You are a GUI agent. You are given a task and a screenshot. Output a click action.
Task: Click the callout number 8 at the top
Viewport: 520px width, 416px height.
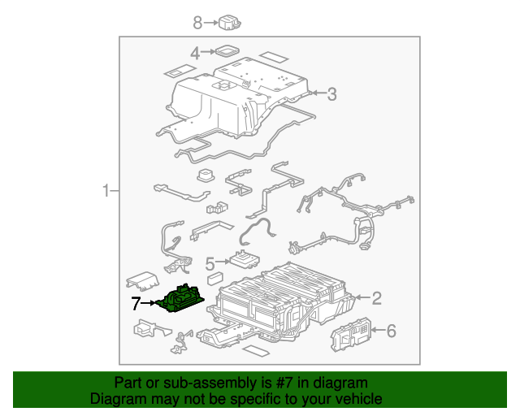pos(197,22)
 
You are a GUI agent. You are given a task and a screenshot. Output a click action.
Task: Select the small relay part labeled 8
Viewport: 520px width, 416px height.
pos(232,23)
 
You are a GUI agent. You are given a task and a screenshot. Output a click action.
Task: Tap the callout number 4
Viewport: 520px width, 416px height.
pos(195,54)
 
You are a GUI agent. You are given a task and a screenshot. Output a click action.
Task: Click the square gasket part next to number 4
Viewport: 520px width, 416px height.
pos(227,52)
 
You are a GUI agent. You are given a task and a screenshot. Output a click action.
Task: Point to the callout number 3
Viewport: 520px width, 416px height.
pos(331,94)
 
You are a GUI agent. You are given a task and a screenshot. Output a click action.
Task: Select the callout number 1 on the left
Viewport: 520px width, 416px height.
pos(106,192)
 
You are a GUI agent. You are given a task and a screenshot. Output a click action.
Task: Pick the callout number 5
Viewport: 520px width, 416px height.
pos(209,263)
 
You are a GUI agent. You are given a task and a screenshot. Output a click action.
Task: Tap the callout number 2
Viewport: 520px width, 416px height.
pos(376,297)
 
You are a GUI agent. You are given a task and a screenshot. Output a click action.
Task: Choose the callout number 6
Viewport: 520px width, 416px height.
pos(390,331)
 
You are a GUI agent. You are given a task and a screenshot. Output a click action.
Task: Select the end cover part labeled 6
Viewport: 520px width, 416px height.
pos(351,333)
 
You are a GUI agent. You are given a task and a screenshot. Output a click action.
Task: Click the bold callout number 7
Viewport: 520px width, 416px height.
pos(136,304)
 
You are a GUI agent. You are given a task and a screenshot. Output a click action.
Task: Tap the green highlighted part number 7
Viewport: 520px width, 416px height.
pos(183,298)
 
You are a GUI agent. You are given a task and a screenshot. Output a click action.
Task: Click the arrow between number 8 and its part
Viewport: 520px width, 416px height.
pos(210,22)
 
